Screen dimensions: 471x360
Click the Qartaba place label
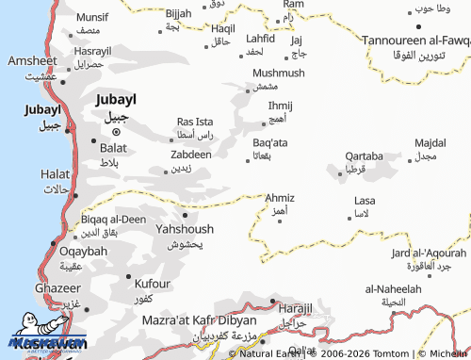[364, 155]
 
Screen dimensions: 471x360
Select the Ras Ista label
[196, 122]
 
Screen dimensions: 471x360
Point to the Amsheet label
[33, 59]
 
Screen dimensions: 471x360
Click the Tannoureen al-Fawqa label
[415, 40]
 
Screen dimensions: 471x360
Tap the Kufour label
[153, 283]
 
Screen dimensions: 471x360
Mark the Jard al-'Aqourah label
[427, 253]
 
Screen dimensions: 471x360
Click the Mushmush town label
[279, 73]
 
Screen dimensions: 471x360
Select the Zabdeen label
[191, 154]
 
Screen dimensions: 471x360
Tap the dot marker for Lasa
[349, 219]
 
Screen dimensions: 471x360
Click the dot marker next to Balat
[93, 141]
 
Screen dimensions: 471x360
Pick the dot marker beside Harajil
[272, 302]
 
